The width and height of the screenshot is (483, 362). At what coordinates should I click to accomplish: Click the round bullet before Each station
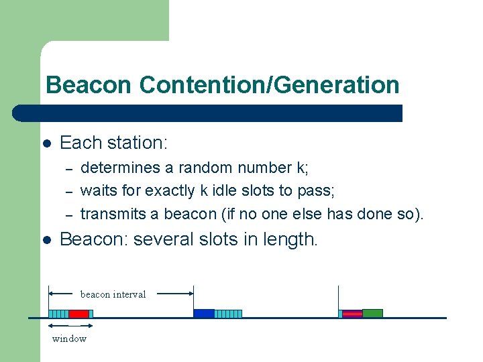[47, 143]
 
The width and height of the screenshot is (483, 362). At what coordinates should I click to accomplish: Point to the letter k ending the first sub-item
[302, 168]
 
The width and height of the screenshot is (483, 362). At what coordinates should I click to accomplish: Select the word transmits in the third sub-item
[109, 215]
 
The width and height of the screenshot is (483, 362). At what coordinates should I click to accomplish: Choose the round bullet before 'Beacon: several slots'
[47, 240]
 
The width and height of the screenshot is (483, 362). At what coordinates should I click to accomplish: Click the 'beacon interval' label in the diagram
[113, 294]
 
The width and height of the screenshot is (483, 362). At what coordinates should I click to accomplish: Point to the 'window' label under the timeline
[69, 339]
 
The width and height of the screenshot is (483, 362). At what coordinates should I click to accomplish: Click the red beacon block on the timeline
[78, 314]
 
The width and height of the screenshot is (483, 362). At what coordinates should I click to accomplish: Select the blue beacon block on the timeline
[204, 314]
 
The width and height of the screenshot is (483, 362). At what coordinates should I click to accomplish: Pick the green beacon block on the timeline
[372, 314]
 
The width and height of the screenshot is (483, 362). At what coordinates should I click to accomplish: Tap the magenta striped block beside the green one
[352, 314]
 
